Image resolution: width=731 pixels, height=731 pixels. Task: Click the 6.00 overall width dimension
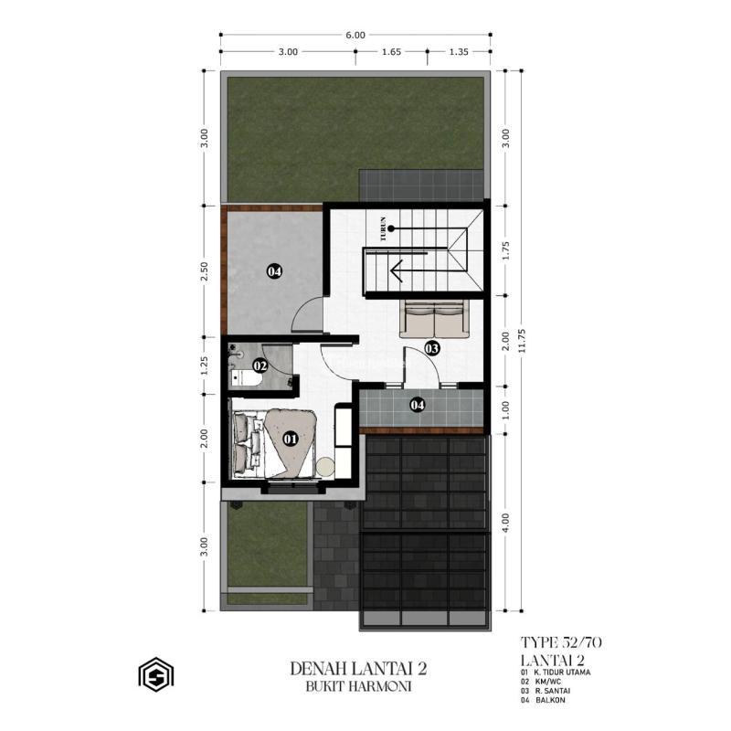355,36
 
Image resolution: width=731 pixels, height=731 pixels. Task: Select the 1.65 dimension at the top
390,52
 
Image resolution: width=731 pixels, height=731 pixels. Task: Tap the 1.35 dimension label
458,52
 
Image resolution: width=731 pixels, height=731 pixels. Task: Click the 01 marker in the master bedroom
291,439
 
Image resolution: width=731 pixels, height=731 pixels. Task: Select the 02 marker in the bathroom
260,366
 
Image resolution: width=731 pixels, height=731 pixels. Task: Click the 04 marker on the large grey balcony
273,270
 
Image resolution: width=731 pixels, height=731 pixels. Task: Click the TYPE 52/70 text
560,641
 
